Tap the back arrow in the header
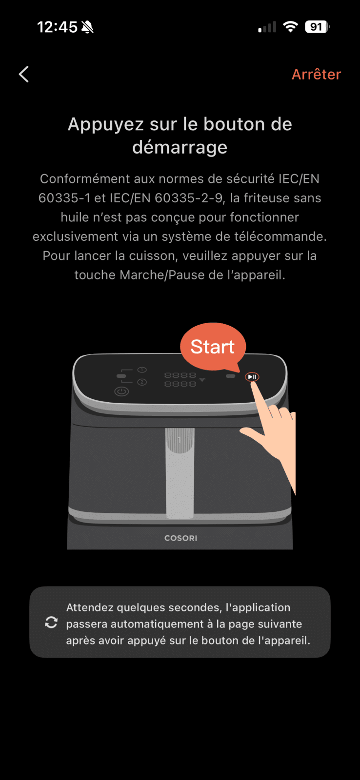[x=24, y=74]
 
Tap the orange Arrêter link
[x=316, y=74]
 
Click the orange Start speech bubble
[x=213, y=347]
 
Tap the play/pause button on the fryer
[x=252, y=377]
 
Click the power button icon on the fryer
[x=121, y=391]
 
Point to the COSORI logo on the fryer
[x=180, y=538]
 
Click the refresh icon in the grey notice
[x=51, y=622]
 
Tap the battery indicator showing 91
[x=317, y=27]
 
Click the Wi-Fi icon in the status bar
[x=290, y=26]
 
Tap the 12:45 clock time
[x=57, y=27]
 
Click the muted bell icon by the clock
[x=87, y=27]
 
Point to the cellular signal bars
[x=267, y=27]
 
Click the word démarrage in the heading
[x=180, y=147]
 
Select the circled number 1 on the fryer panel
[x=142, y=370]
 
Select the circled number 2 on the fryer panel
[x=142, y=382]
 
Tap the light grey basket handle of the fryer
[x=180, y=473]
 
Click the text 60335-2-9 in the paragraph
[x=189, y=198]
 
